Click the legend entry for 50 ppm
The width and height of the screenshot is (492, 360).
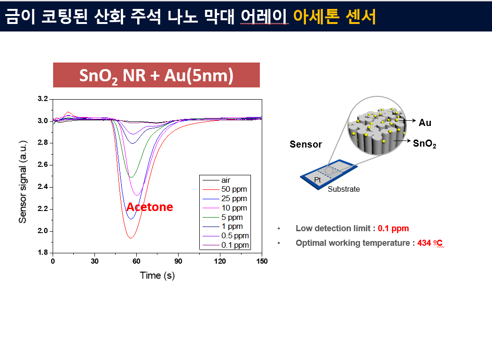click(225, 189)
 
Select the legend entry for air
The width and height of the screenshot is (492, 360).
click(217, 180)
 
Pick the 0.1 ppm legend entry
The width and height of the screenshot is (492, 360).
click(226, 245)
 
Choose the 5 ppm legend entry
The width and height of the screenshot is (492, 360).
click(222, 217)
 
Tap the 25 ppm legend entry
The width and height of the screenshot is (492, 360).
click(225, 199)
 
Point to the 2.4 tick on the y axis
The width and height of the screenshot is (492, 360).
click(43, 187)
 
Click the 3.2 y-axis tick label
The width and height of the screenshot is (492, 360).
click(43, 99)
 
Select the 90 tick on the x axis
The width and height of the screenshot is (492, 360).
click(178, 261)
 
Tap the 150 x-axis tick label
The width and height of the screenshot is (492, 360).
click(262, 261)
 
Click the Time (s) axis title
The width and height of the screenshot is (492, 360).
click(157, 275)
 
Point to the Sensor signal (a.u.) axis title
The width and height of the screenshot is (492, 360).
click(23, 182)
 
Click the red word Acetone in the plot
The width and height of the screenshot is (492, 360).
click(150, 207)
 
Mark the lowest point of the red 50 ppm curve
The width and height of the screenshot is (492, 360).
click(131, 238)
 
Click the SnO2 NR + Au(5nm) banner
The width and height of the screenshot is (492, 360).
click(156, 75)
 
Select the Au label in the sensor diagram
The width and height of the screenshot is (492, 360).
click(425, 123)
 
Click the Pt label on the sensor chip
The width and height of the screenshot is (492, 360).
click(318, 180)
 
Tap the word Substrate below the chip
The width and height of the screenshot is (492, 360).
click(344, 189)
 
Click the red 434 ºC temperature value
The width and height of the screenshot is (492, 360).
click(430, 243)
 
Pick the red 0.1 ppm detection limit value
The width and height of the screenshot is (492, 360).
click(393, 228)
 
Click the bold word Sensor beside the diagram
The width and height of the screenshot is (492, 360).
click(306, 144)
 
